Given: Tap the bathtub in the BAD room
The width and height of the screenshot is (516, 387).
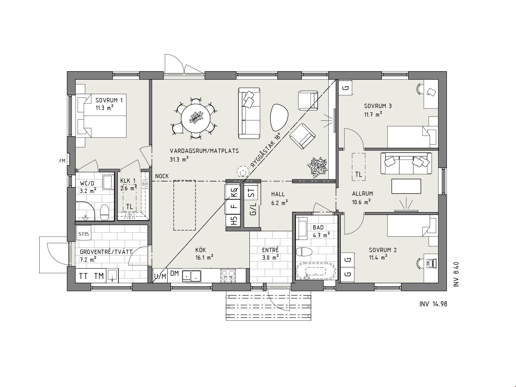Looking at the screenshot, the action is (316, 271).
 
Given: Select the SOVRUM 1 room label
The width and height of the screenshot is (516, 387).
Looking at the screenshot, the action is (109, 100).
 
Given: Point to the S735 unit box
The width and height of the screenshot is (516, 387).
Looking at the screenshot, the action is (84, 234).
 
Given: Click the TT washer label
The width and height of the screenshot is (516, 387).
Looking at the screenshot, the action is (83, 276).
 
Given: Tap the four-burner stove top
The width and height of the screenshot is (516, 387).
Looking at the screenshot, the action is (228, 276).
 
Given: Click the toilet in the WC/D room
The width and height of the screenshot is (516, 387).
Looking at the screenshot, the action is (104, 212).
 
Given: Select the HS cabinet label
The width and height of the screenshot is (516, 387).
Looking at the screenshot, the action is (234, 221).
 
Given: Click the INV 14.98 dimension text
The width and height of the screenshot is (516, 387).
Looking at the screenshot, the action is (433, 304).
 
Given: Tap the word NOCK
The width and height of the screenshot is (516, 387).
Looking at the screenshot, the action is (162, 176).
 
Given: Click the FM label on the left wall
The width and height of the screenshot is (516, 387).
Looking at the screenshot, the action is (62, 161).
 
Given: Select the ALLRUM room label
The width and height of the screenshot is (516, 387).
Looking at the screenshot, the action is (363, 193).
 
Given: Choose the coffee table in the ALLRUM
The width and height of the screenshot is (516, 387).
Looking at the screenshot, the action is (406, 186).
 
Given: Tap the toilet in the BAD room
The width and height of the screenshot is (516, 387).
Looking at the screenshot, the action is (304, 252).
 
